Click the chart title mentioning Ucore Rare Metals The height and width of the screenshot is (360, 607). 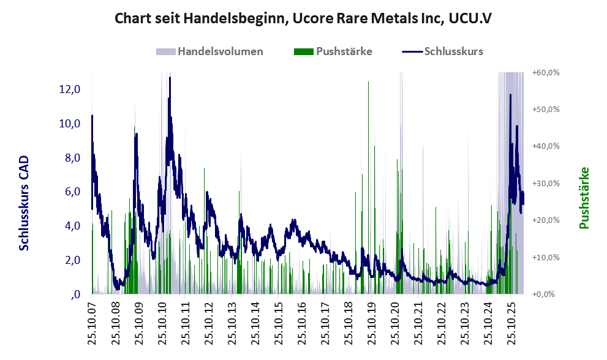(x=303, y=18)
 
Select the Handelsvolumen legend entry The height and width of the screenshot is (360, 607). (x=209, y=51)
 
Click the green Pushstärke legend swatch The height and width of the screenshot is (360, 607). (x=304, y=51)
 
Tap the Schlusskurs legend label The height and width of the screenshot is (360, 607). (x=454, y=51)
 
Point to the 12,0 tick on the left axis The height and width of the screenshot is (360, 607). (x=70, y=89)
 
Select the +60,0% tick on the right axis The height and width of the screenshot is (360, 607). (x=546, y=72)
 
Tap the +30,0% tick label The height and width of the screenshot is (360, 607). (x=546, y=183)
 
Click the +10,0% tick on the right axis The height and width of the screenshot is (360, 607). (x=546, y=257)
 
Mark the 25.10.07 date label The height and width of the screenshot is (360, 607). (x=92, y=324)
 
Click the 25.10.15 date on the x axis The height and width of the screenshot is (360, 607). (x=279, y=324)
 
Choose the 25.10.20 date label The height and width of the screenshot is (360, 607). (x=395, y=324)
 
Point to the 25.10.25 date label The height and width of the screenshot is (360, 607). (x=512, y=324)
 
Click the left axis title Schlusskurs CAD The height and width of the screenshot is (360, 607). (x=24, y=203)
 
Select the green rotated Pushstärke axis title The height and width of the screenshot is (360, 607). (x=584, y=198)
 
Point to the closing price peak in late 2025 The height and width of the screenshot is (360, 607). (x=510, y=95)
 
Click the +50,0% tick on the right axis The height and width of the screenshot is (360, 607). (x=546, y=109)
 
